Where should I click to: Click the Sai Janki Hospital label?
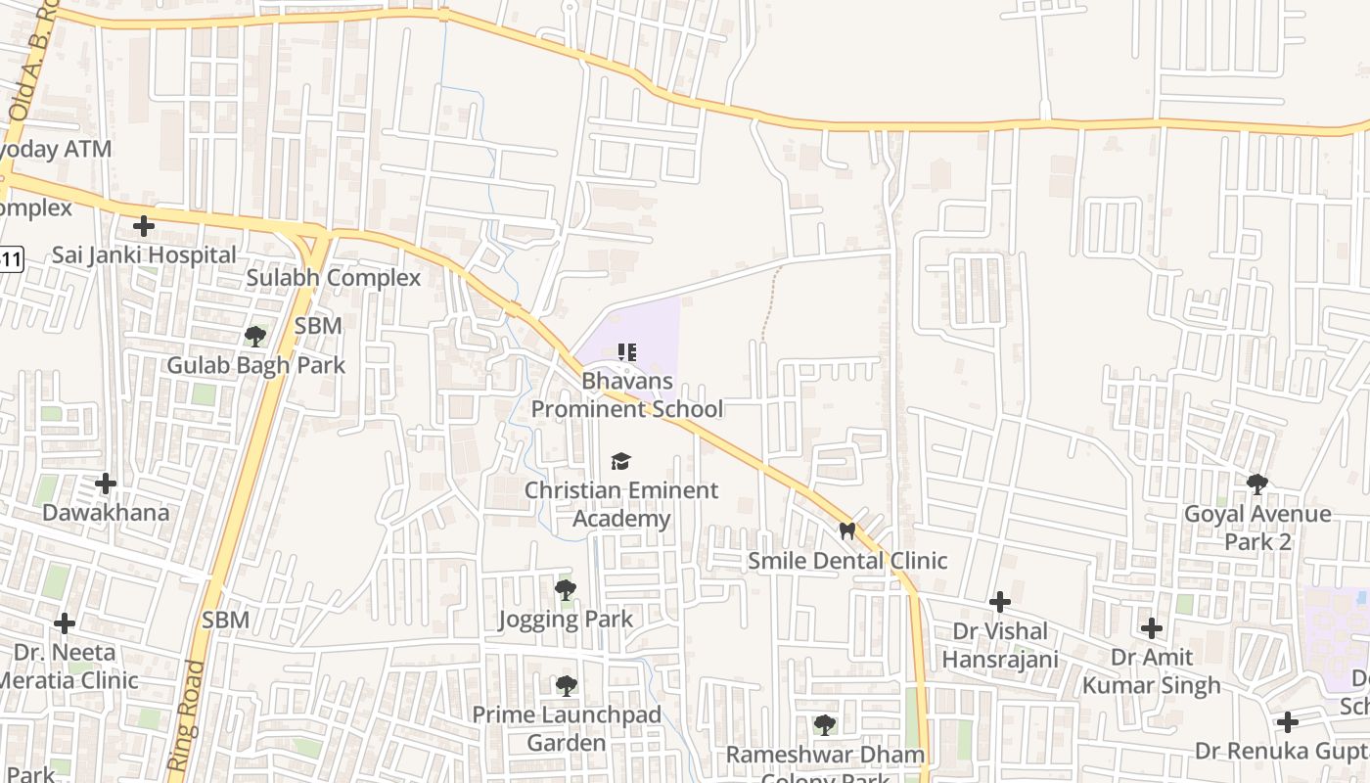144,255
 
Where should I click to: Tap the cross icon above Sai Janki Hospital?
144,226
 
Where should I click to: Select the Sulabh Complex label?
333,278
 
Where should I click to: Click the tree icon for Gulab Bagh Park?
255,337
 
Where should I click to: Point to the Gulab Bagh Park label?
255,365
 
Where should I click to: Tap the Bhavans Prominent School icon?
627,351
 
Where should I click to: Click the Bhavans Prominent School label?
627,394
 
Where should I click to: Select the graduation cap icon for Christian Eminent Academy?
621,461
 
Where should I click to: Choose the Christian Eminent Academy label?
621,504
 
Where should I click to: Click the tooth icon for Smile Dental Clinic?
847,531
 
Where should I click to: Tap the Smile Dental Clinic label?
847,561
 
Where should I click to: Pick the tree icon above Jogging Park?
565,589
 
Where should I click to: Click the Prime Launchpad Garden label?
567,729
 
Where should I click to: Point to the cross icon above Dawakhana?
105,484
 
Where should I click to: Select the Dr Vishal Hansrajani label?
1000,645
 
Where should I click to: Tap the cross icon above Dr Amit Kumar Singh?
1152,627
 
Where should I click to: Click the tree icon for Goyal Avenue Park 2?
1257,484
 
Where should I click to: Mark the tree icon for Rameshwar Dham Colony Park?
825,725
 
